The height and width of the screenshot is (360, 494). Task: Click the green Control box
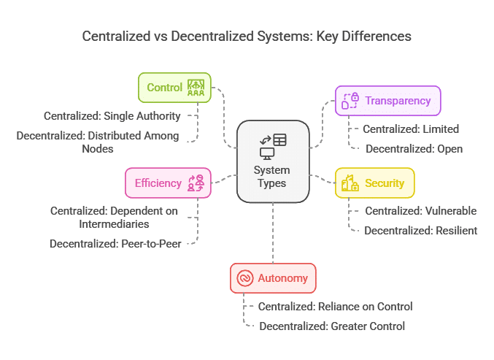coord(174,88)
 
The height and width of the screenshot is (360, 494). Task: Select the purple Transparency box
coord(387,101)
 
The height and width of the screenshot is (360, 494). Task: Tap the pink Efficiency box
coord(168,183)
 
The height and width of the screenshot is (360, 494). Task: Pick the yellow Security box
coord(374,183)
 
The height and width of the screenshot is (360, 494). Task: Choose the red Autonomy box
coord(273,278)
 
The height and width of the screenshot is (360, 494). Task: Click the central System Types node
coord(273,161)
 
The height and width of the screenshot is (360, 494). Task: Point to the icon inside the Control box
coord(196,88)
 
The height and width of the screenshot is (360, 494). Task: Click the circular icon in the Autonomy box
coord(244,278)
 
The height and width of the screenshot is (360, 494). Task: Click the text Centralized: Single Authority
coord(112,116)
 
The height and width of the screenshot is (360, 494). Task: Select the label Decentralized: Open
coord(414,149)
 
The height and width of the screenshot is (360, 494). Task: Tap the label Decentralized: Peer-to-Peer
coord(115,244)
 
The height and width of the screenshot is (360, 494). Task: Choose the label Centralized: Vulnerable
coord(420,211)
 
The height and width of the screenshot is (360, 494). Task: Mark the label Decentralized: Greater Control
coord(332,326)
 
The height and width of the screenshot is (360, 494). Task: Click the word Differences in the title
coord(377,37)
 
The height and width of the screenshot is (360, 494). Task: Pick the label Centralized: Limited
coord(411,129)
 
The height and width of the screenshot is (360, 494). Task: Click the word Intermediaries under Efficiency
coord(114,224)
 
